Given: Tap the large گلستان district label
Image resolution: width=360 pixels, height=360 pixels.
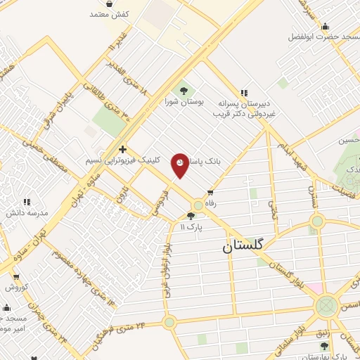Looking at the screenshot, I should pos(243,246).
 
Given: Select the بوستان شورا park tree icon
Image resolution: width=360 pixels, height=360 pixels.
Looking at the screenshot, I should pos(184,91).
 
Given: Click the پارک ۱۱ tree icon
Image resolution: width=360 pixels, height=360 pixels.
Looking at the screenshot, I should pos(191,216).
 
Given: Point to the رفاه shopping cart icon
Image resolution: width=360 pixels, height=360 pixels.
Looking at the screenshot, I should pos(210,192).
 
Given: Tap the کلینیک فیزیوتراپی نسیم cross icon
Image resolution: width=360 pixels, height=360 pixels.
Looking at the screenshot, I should pos(123,149).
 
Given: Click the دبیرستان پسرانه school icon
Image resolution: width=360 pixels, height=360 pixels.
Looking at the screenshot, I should pos(244,92).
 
